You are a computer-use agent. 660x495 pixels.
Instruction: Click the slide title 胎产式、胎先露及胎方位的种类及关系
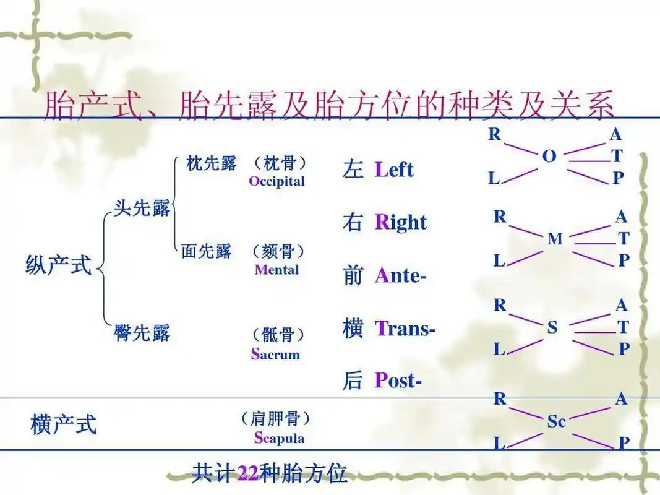[329, 105]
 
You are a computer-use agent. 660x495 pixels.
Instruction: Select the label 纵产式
[59, 265]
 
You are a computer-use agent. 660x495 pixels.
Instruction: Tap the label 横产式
[64, 425]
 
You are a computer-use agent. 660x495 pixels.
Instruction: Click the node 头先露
[142, 209]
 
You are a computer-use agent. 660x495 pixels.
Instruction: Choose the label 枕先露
[212, 164]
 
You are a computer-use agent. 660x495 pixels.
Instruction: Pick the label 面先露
[207, 251]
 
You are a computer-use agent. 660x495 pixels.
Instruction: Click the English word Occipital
[276, 181]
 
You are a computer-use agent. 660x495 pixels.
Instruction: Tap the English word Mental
[276, 270]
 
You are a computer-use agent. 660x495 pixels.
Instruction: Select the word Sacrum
[275, 355]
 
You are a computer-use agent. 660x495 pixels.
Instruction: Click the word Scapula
[279, 438]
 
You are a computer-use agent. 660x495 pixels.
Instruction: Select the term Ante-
[400, 276]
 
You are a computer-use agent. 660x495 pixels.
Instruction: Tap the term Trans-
[405, 329]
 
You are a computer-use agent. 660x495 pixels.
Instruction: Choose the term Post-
[398, 381]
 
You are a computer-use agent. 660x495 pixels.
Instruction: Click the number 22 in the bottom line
[247, 474]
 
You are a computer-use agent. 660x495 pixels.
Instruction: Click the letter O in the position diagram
[549, 157]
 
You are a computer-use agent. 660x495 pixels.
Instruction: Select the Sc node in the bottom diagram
[556, 421]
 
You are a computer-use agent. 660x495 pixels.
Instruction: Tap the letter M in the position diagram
[555, 239]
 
